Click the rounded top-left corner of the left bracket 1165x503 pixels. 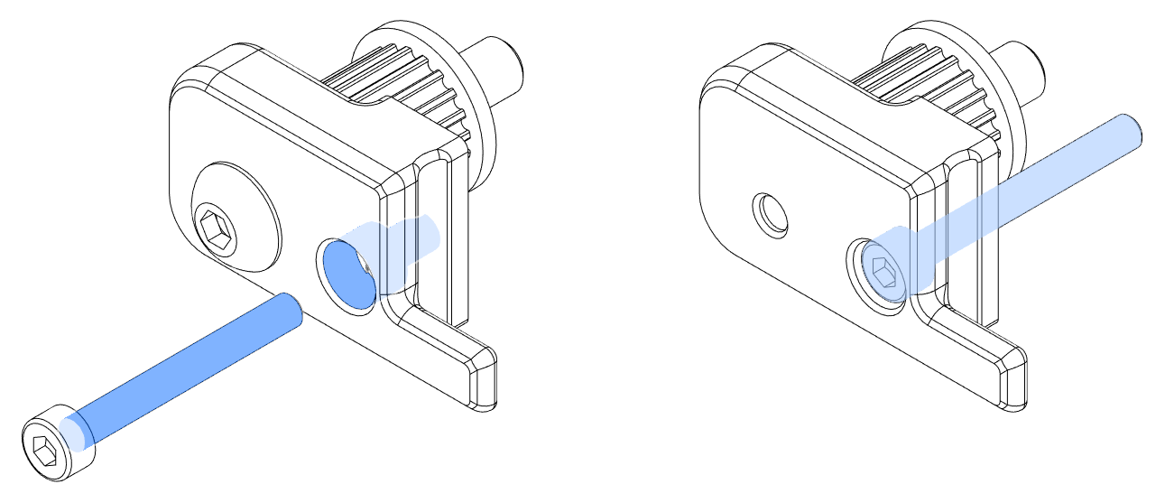point(185,86)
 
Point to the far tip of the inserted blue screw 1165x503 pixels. point(1129,129)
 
